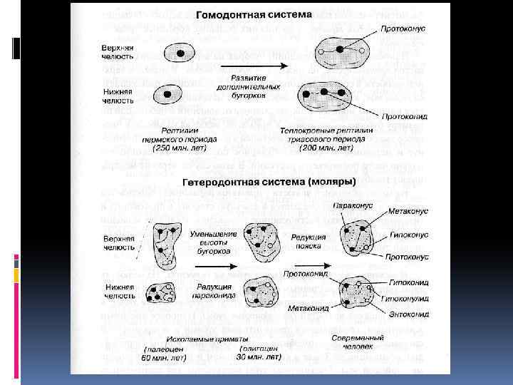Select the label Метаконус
409,212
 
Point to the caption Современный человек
356,343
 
